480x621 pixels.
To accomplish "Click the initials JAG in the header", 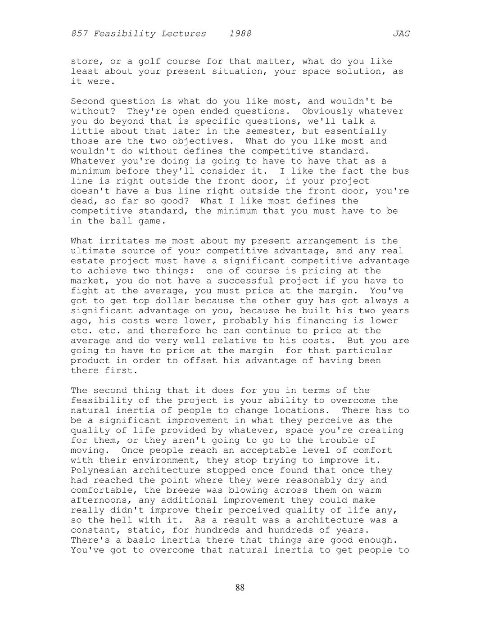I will pyautogui.click(x=401, y=34).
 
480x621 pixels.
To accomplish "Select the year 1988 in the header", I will pyautogui.click(x=240, y=34).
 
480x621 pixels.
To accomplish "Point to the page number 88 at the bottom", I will pyautogui.click(x=240, y=588).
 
